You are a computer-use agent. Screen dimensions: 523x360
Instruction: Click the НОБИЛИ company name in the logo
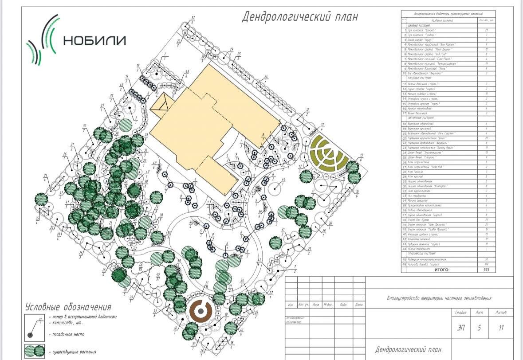94,40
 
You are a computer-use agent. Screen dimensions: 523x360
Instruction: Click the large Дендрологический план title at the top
300,17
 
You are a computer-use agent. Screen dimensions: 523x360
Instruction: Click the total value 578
487,269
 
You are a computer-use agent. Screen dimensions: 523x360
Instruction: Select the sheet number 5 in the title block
479,328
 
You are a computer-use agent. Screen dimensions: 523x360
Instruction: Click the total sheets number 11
502,328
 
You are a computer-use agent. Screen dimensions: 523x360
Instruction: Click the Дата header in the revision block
359,305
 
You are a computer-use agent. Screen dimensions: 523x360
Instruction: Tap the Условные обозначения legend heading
68,307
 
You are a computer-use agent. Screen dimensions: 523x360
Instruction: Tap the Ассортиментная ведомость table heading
448,14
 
